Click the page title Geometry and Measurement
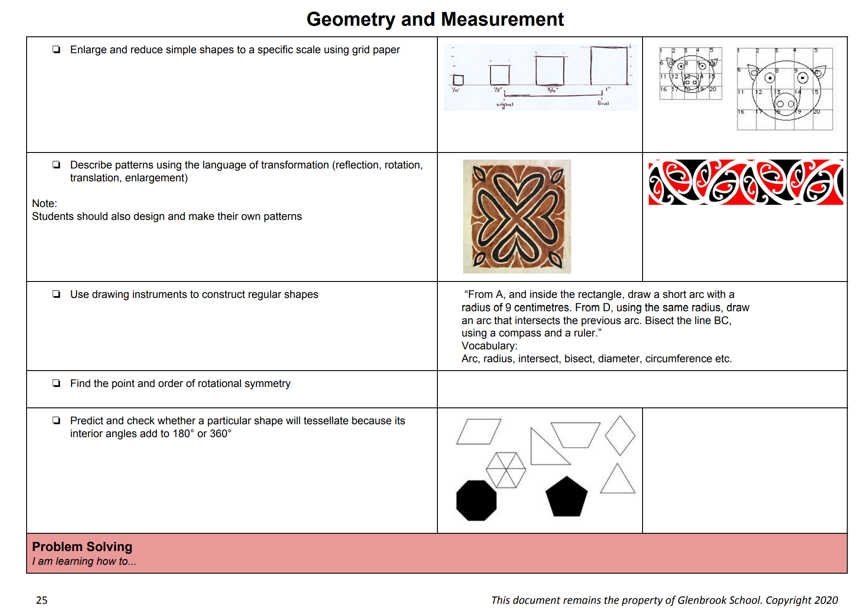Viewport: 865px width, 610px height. tap(435, 20)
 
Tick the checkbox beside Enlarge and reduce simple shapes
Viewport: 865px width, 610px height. tap(56, 49)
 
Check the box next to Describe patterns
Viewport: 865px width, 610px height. tap(56, 165)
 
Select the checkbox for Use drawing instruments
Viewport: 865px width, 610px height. tap(56, 294)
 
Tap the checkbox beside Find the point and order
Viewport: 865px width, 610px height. tap(56, 383)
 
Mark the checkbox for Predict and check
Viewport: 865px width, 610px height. tap(56, 421)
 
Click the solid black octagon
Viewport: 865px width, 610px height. tap(476, 500)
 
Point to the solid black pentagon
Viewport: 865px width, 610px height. tap(566, 498)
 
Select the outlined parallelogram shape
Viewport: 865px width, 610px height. tap(479, 431)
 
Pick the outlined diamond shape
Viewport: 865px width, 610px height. tap(620, 435)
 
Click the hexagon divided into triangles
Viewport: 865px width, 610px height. tap(506, 470)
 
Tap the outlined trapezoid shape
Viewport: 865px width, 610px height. tap(575, 435)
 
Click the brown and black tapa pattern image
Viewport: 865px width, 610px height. tap(517, 216)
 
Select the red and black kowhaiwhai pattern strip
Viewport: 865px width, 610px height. tap(745, 182)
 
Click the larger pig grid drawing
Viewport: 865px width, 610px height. tap(785, 89)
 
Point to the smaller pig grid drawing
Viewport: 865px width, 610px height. tap(690, 74)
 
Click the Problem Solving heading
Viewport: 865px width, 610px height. tap(82, 547)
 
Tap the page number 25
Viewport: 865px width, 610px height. tap(42, 600)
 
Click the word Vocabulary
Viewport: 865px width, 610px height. tap(489, 346)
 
